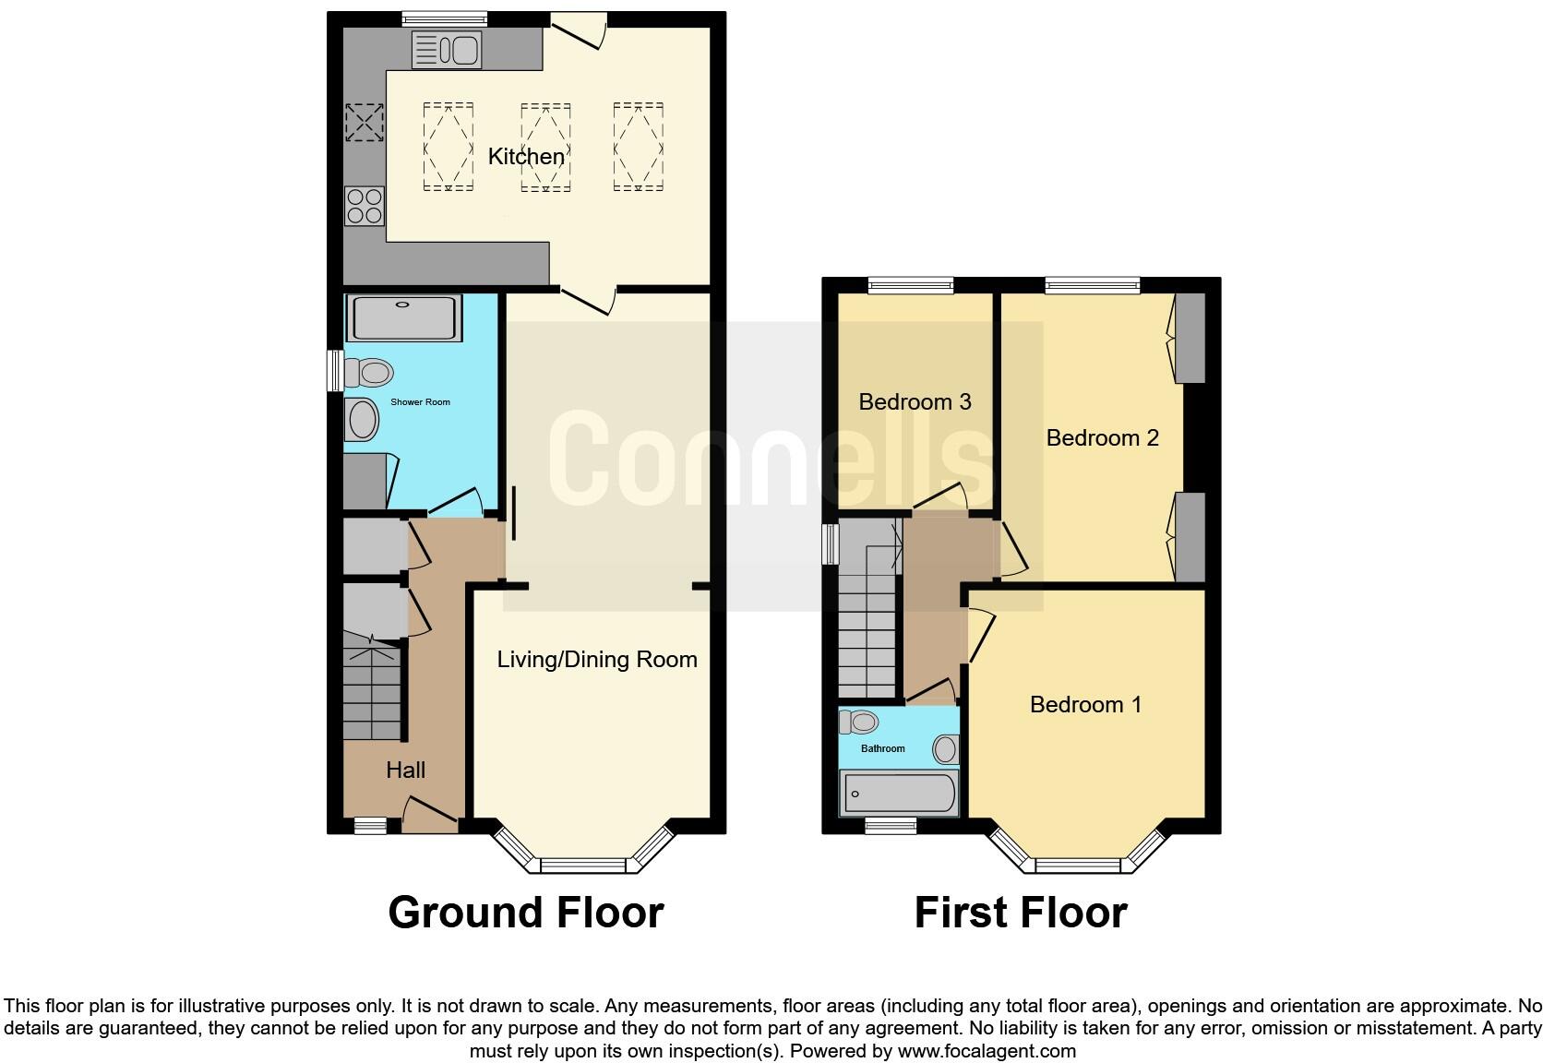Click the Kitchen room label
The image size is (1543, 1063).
[x=525, y=157]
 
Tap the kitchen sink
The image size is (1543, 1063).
[x=447, y=50]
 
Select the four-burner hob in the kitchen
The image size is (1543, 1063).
[x=365, y=206]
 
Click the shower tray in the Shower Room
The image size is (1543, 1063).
[x=403, y=318]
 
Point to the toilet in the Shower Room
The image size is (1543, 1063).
[x=368, y=373]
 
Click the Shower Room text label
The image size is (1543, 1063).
[x=420, y=402]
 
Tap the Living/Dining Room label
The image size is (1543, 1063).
[x=596, y=659]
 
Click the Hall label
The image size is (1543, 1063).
[x=405, y=770]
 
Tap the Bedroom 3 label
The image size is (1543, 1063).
[x=915, y=401]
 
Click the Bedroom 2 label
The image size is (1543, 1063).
[x=1102, y=437]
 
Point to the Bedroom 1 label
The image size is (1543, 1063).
[x=1085, y=704]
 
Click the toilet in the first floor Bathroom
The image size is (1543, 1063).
[x=859, y=721]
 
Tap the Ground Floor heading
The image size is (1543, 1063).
[x=525, y=912]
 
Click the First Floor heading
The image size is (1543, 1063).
[x=1020, y=912]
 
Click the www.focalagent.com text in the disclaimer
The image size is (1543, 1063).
[x=987, y=1050]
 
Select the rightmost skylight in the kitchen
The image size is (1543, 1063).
[x=639, y=147]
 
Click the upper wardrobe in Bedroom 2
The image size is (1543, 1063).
[x=1190, y=338]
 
